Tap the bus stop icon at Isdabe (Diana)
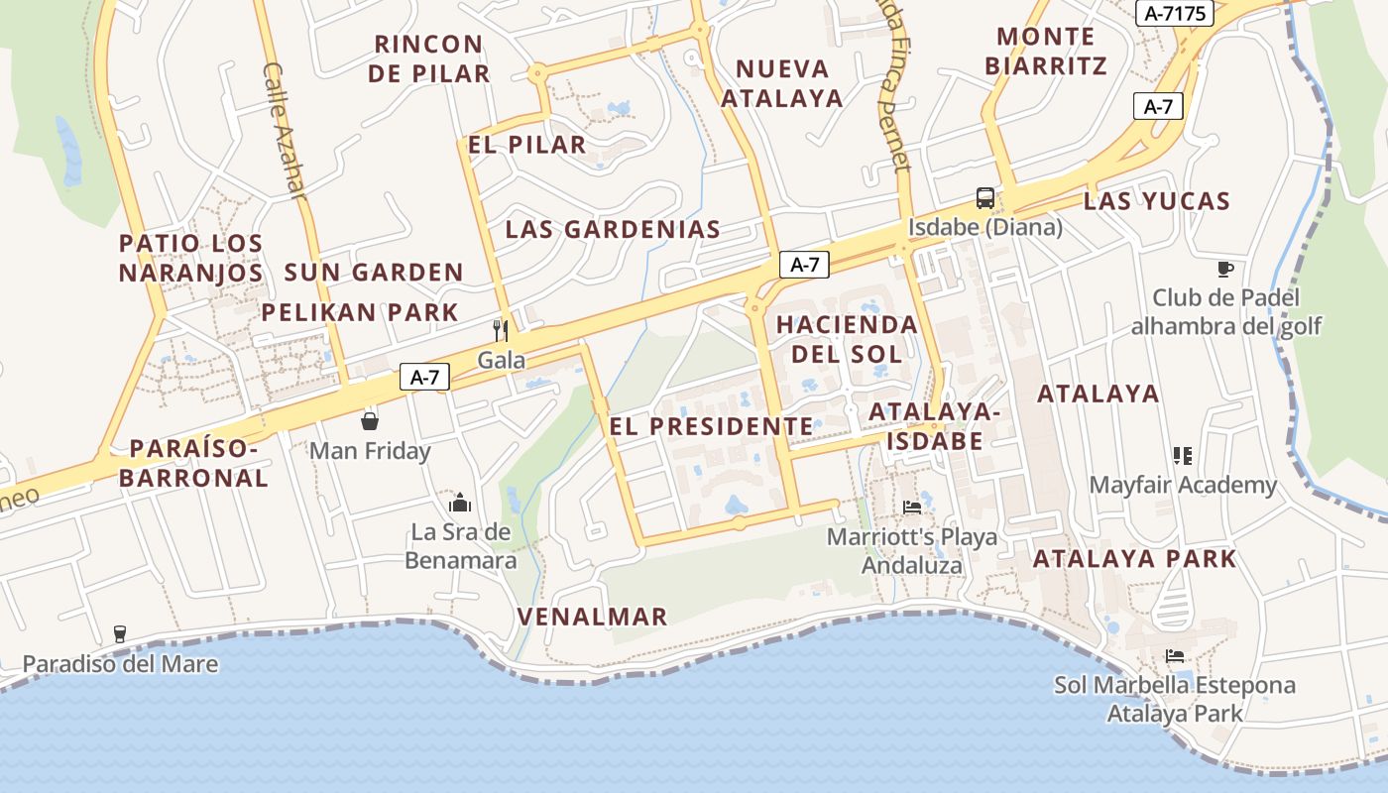point(984,198)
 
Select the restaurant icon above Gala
point(501,330)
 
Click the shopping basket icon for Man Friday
point(370,421)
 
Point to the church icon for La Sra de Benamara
point(460,503)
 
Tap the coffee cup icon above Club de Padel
point(1225,269)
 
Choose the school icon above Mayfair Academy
point(1182,456)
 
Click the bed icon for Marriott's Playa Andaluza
point(912,507)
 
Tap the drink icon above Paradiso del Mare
point(120,634)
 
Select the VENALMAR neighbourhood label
point(592,617)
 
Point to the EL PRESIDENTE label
point(711,426)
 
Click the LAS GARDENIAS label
point(613,229)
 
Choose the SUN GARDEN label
point(374,273)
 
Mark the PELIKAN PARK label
point(360,312)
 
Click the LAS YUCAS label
point(1156,201)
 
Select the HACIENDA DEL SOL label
point(847,339)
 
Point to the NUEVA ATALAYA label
point(782,83)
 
